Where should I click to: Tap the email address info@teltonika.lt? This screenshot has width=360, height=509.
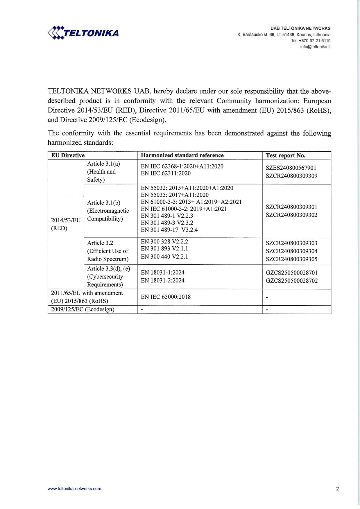tap(315, 46)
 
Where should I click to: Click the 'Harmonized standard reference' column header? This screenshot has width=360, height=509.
tap(182, 155)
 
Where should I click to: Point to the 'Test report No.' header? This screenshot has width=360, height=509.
tap(286, 155)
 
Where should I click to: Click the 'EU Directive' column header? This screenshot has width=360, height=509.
tap(68, 155)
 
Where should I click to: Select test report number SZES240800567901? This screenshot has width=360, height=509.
tap(291, 168)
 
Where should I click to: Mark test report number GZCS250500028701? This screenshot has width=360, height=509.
tap(292, 273)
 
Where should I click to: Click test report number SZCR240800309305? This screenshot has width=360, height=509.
tap(291, 259)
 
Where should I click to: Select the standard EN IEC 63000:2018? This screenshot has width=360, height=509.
tap(166, 297)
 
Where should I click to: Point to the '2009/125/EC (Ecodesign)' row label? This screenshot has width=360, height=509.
tap(83, 309)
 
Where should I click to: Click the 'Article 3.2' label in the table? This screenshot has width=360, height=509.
tap(100, 243)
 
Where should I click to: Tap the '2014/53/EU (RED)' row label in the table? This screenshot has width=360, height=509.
tap(66, 224)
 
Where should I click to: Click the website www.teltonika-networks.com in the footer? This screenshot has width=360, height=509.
tap(74, 489)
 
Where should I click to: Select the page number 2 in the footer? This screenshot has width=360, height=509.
tap(337, 489)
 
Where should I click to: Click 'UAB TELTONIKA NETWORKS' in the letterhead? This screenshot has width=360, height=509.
tap(300, 28)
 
